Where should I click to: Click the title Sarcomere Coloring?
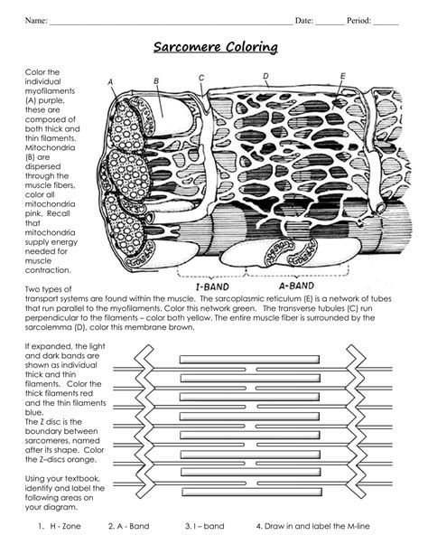click(214, 46)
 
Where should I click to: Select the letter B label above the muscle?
click(156, 81)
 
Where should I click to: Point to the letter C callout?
click(201, 78)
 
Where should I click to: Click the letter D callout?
click(265, 77)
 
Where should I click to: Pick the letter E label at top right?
click(343, 76)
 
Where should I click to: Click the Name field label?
click(35, 20)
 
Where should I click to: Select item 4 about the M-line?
click(312, 525)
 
